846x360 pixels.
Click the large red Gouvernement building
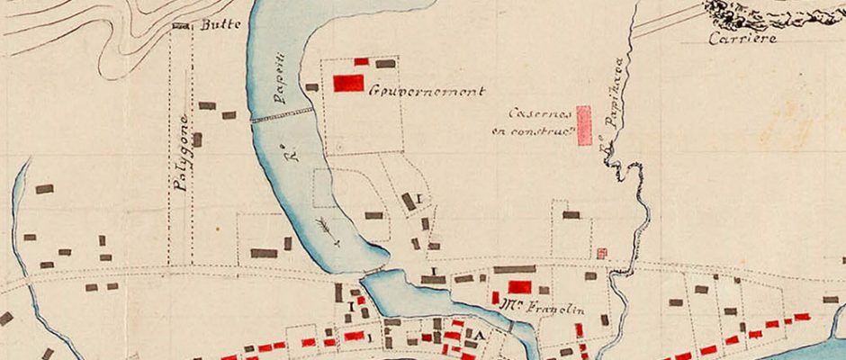coord(348,83)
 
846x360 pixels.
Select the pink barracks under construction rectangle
coord(583,125)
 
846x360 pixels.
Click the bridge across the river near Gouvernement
coord(282,115)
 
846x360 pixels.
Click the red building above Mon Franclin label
coord(519,287)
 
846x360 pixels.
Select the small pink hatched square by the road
coord(602,254)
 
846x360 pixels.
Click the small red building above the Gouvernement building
coord(361,61)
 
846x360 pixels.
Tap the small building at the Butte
coord(182,27)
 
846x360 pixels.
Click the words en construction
coord(535,132)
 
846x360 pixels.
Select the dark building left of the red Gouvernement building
coord(312,87)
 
